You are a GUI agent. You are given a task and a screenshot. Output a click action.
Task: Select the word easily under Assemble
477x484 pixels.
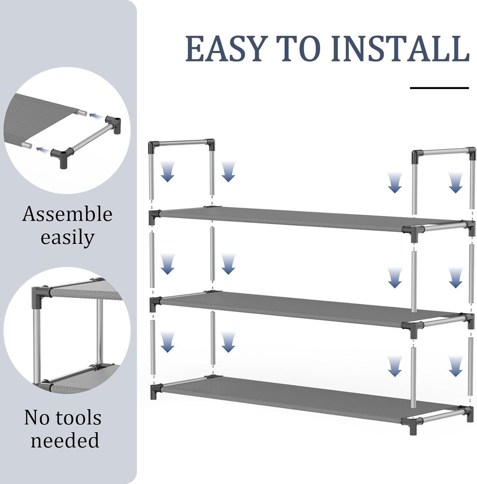(x=67, y=238)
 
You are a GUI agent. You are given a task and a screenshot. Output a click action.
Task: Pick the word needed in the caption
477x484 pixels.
(x=65, y=440)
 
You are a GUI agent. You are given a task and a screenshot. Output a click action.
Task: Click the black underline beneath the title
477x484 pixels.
(x=439, y=88)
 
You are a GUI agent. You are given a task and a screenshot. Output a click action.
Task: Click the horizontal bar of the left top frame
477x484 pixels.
(x=182, y=143)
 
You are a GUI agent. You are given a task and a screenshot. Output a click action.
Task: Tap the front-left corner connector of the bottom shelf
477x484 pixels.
(x=155, y=390)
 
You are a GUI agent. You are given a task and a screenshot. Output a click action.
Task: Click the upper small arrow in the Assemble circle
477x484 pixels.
(x=95, y=116)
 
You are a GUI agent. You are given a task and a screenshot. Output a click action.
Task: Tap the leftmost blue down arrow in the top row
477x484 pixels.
(x=168, y=172)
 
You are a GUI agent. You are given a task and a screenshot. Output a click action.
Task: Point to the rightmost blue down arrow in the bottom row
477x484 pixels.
(x=455, y=366)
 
